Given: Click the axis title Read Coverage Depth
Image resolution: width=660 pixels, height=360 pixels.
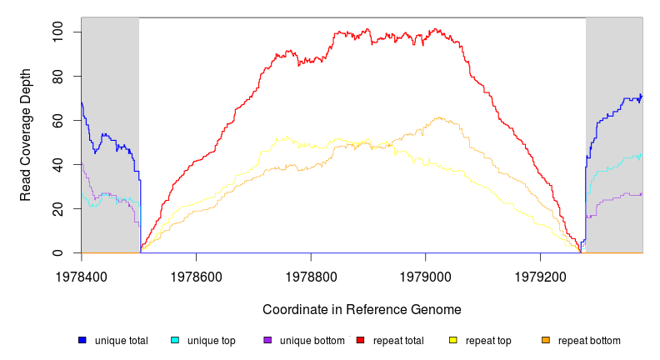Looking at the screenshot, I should coord(26,135).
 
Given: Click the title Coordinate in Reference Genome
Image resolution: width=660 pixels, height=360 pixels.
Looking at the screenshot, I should coord(362,310).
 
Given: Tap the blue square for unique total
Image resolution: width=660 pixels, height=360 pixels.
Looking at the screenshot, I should coord(82,341).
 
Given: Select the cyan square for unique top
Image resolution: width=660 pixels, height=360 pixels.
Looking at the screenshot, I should coord(175,341).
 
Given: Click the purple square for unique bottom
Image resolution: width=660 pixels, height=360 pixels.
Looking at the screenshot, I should coord(267,341).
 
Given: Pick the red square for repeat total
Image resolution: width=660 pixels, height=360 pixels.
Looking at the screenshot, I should coord(360,341).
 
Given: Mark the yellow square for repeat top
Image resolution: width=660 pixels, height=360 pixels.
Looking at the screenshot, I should coord(452,341).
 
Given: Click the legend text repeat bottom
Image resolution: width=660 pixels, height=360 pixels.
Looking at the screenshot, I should coord(589,341).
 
